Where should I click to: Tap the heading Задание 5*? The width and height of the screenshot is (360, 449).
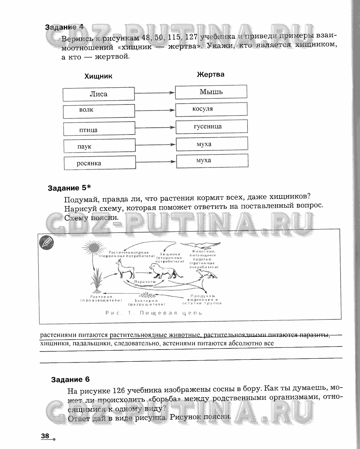coord(70,188)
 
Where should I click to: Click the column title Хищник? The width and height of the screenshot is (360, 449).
coord(98,76)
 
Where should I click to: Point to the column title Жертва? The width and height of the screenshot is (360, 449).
coord(211,74)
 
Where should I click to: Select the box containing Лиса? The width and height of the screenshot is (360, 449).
coord(98,94)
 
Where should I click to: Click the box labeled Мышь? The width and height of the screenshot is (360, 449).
coord(211,92)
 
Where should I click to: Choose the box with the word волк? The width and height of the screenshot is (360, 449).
coord(99,111)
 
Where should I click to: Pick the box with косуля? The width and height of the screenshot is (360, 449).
coord(211,109)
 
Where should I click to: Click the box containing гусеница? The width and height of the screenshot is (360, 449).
coord(212,127)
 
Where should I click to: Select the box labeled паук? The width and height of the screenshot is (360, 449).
coord(99,146)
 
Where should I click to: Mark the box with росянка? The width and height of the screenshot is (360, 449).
coord(100,163)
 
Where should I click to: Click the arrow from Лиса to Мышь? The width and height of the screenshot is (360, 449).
coord(154,93)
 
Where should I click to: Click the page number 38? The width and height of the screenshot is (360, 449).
coord(45,436)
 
